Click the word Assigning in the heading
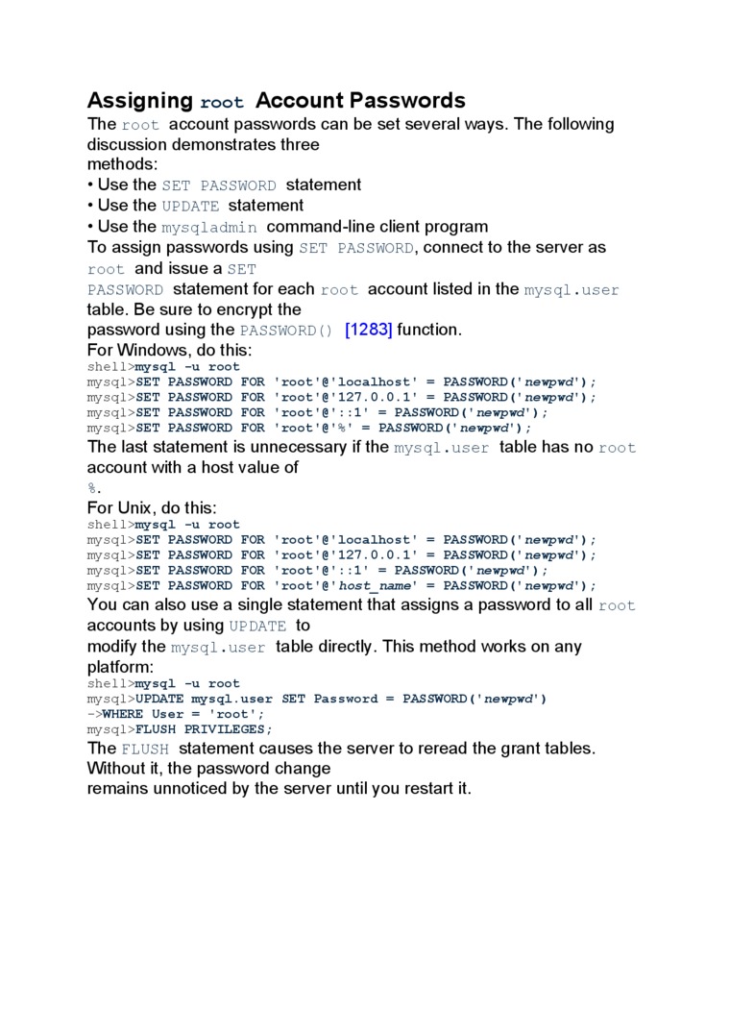tap(140, 101)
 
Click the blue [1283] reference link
tap(369, 330)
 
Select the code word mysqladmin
tap(208, 228)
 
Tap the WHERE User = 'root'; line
tap(182, 714)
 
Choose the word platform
tap(118, 667)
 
